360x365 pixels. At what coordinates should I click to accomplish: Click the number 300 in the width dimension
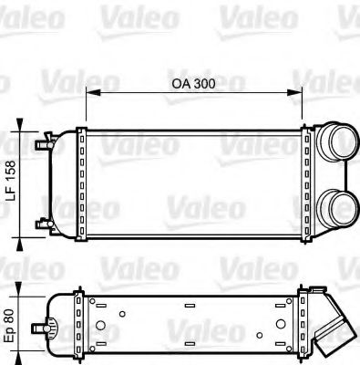pyautogui.click(x=207, y=83)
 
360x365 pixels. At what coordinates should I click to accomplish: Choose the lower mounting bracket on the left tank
pyautogui.click(x=44, y=223)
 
